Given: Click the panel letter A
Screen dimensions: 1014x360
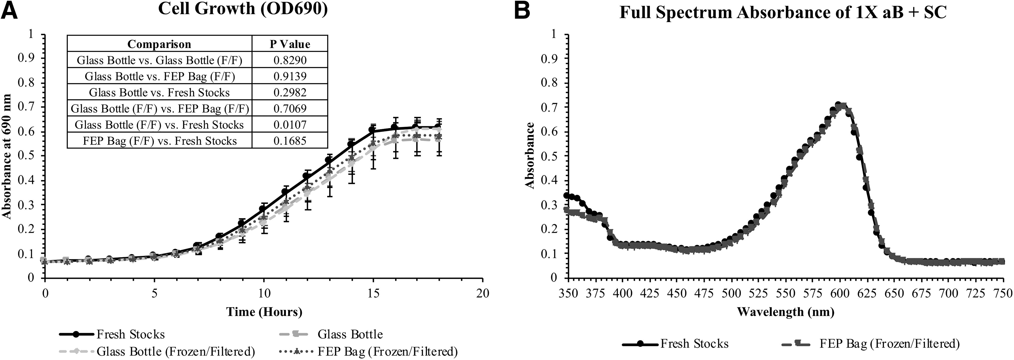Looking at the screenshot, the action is [x=9, y=10].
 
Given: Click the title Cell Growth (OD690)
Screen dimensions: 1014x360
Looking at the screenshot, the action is [x=243, y=9].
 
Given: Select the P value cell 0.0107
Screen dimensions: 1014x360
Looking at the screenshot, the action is [x=290, y=125].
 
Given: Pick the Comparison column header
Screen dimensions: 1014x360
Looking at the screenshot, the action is [x=159, y=44].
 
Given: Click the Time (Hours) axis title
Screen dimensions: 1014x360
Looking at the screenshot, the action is [x=264, y=312].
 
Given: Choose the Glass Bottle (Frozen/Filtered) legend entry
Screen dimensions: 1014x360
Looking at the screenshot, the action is [x=157, y=351].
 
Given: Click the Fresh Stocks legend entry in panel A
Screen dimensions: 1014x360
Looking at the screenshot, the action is [x=112, y=334].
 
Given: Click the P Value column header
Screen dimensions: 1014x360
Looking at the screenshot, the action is [x=290, y=44].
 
